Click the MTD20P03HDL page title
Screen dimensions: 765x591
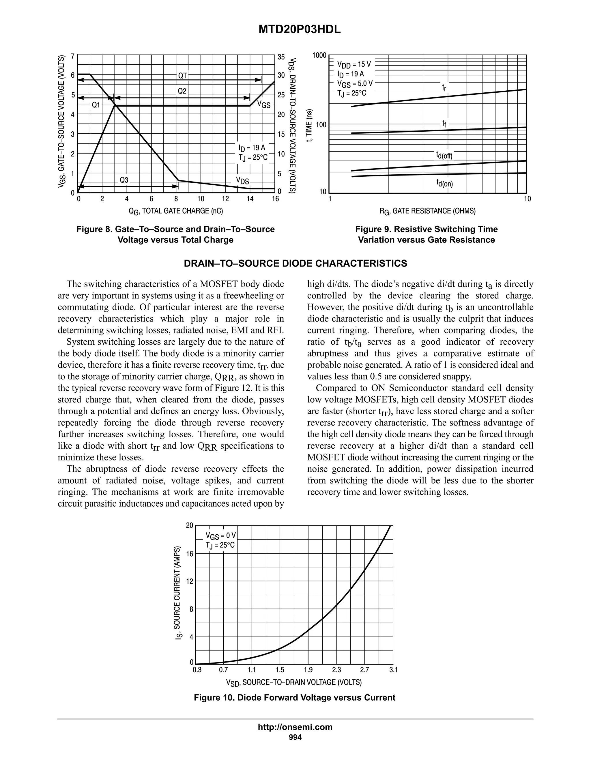coord(299,30)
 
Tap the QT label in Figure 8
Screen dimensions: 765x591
coord(183,75)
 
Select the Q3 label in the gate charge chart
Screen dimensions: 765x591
coord(124,180)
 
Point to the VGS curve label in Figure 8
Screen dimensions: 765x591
coord(264,105)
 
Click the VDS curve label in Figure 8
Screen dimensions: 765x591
coord(242,181)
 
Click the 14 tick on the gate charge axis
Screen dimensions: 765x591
coord(250,199)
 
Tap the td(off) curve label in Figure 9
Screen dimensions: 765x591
coord(444,155)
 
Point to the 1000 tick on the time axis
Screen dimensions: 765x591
coord(319,55)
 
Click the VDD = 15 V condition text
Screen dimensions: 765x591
coord(354,64)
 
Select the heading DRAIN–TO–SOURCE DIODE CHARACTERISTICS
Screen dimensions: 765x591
coord(295,263)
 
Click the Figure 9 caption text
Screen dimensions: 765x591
coord(426,234)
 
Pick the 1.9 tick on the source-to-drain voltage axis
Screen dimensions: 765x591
coord(308,670)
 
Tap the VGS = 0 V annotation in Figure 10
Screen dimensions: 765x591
coord(220,536)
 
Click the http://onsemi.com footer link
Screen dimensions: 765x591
coord(295,727)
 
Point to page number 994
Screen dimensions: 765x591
coord(295,737)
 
